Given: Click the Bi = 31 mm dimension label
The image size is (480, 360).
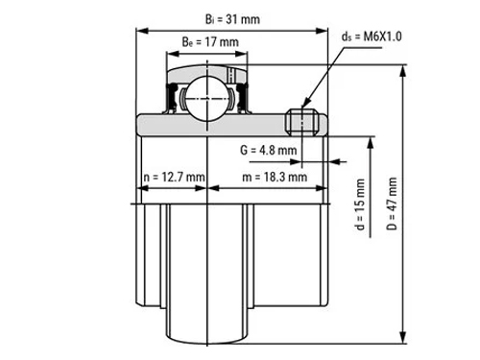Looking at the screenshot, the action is coord(232,19).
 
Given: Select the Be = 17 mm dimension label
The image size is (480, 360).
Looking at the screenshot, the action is coord(210,42).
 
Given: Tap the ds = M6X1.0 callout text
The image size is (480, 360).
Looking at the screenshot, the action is coord(372,36).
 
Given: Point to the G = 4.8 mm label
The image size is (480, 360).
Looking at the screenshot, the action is coord(268,150).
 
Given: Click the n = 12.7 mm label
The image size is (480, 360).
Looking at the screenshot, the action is coord(174,177).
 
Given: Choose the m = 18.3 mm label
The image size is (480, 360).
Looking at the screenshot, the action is coord(275,177).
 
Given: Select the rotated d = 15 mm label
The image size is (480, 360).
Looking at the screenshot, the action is coord(360,204).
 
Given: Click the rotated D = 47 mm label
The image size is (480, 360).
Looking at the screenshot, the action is coord(392,204).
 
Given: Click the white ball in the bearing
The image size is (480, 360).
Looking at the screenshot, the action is coord(207,98).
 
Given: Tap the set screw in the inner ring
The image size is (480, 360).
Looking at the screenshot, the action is coord(301,122).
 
